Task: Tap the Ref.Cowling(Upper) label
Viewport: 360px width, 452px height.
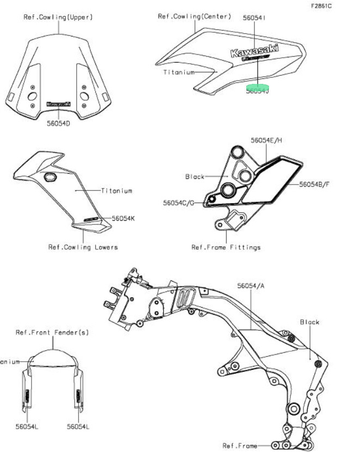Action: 58,17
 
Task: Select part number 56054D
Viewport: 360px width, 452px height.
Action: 59,124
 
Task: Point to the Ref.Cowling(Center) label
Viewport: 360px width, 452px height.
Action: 194,16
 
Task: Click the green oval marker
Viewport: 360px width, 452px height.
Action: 258,87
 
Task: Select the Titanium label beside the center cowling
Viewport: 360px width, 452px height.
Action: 179,72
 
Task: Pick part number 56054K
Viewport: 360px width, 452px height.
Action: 124,218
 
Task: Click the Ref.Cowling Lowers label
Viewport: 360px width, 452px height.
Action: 83,247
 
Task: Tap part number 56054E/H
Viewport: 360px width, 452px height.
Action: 267,140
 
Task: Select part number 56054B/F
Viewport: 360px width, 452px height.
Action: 314,184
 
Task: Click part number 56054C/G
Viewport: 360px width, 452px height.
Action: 178,203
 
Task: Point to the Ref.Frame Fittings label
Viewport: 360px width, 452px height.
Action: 226,247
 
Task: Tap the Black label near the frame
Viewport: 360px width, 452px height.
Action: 310,322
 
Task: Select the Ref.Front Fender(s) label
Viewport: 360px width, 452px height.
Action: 52,332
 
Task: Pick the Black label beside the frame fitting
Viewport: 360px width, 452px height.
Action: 195,176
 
